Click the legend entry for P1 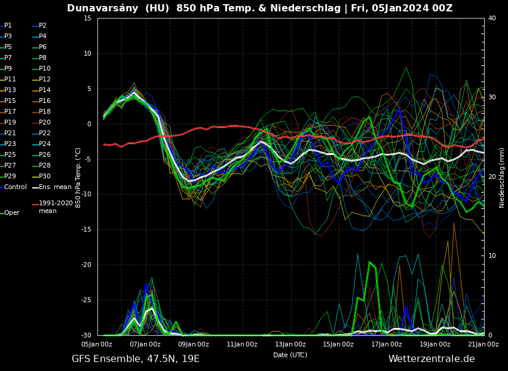point(8,26)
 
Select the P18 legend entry point(45,112)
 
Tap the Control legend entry point(15,187)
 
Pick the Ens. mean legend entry point(55,187)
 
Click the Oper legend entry point(11,213)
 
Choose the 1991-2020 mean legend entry point(56,207)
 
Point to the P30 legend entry point(45,177)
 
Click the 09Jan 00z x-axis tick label point(194,344)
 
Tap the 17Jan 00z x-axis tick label point(387,344)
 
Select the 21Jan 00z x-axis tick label point(483,344)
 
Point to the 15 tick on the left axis point(88,19)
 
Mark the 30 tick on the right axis point(492,98)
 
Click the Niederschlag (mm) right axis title point(502,178)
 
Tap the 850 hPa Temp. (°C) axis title point(78,177)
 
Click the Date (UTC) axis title point(290,355)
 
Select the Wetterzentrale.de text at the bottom point(432,359)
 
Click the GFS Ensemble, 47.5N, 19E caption point(136,359)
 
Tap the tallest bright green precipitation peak point(370,263)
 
